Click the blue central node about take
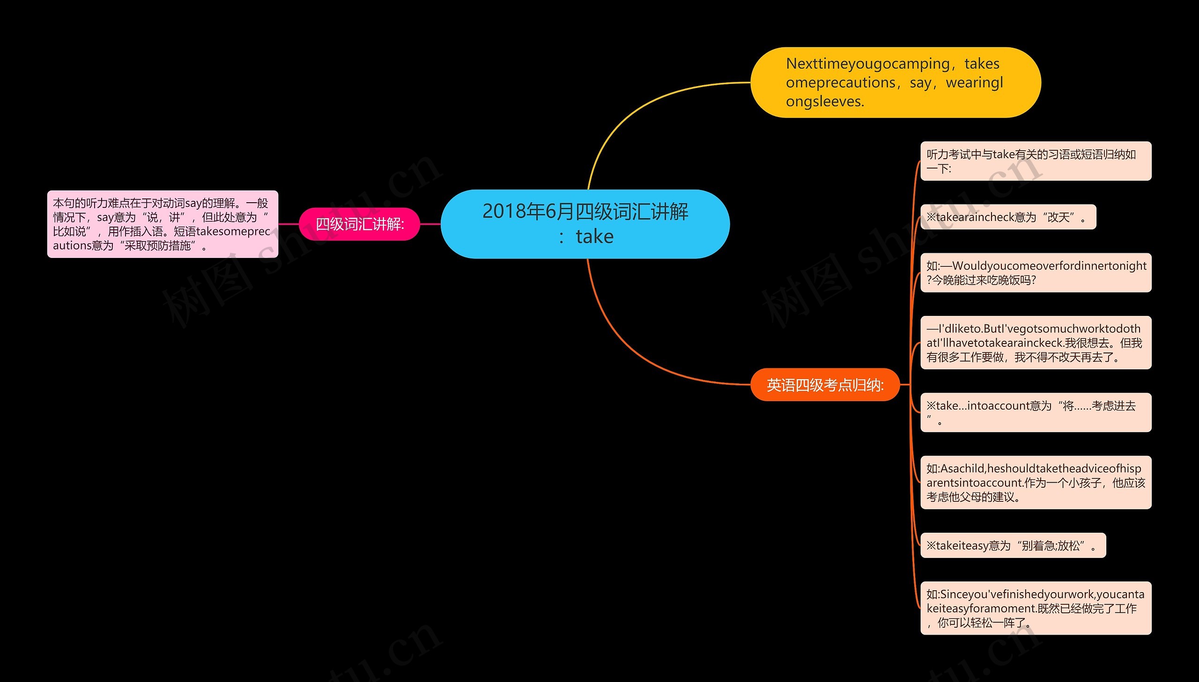(x=585, y=224)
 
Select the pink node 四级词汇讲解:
(x=359, y=224)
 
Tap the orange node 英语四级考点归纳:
(x=825, y=385)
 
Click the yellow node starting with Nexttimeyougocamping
(x=895, y=82)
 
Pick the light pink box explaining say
(x=163, y=224)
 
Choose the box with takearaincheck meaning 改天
(x=1007, y=217)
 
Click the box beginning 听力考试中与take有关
(x=1036, y=161)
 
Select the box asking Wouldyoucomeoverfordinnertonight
(x=1036, y=272)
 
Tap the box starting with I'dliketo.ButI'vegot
(x=1036, y=343)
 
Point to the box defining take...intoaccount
(x=1036, y=412)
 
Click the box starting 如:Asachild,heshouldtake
(x=1036, y=482)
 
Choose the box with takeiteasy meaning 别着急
(x=1013, y=545)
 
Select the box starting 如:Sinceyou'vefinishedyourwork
(x=1036, y=608)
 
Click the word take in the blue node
(x=594, y=236)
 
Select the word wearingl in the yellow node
(x=975, y=82)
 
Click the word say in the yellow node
(x=920, y=82)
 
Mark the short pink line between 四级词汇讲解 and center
(x=430, y=224)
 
